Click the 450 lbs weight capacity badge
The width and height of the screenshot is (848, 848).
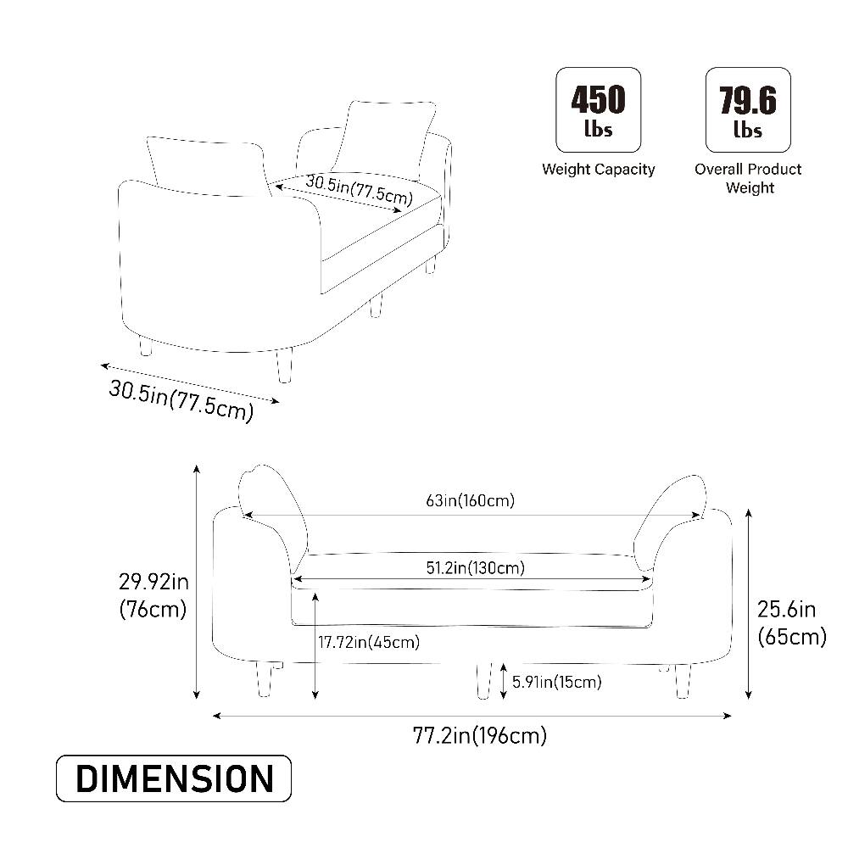tap(598, 109)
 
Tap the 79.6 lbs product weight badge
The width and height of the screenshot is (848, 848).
tap(748, 109)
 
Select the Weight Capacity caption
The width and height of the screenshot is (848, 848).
tap(598, 170)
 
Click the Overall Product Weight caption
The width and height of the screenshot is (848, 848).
tap(749, 178)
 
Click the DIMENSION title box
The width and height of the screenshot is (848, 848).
tap(174, 778)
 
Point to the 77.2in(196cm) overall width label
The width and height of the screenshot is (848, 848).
tap(480, 735)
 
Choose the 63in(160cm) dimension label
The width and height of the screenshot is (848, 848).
tap(470, 501)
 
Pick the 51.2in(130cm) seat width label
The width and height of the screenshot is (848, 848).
tap(476, 568)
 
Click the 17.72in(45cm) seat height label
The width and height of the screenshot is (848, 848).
tap(369, 643)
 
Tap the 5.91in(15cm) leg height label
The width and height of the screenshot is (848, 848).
tap(557, 682)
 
